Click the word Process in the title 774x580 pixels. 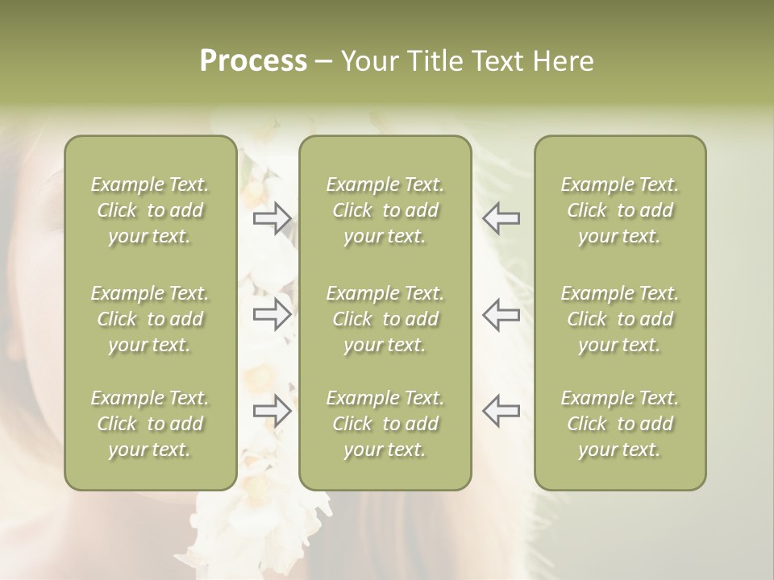click(x=253, y=61)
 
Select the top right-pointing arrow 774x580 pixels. click(x=272, y=218)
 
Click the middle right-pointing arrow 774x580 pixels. click(x=272, y=314)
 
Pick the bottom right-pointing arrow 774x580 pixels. click(x=272, y=411)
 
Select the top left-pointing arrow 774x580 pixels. click(x=501, y=218)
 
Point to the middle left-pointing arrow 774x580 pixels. click(x=501, y=314)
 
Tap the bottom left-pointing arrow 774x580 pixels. click(x=501, y=411)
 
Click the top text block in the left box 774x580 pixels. click(x=150, y=210)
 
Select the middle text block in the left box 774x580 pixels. click(x=150, y=319)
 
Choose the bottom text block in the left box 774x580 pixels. click(x=150, y=424)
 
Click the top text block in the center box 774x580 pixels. click(x=385, y=210)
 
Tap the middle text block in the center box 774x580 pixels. click(x=385, y=319)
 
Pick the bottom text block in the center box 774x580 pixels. click(x=385, y=424)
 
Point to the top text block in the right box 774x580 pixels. click(x=620, y=210)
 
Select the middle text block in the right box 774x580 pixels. click(x=620, y=319)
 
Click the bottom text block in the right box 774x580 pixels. click(x=620, y=424)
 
